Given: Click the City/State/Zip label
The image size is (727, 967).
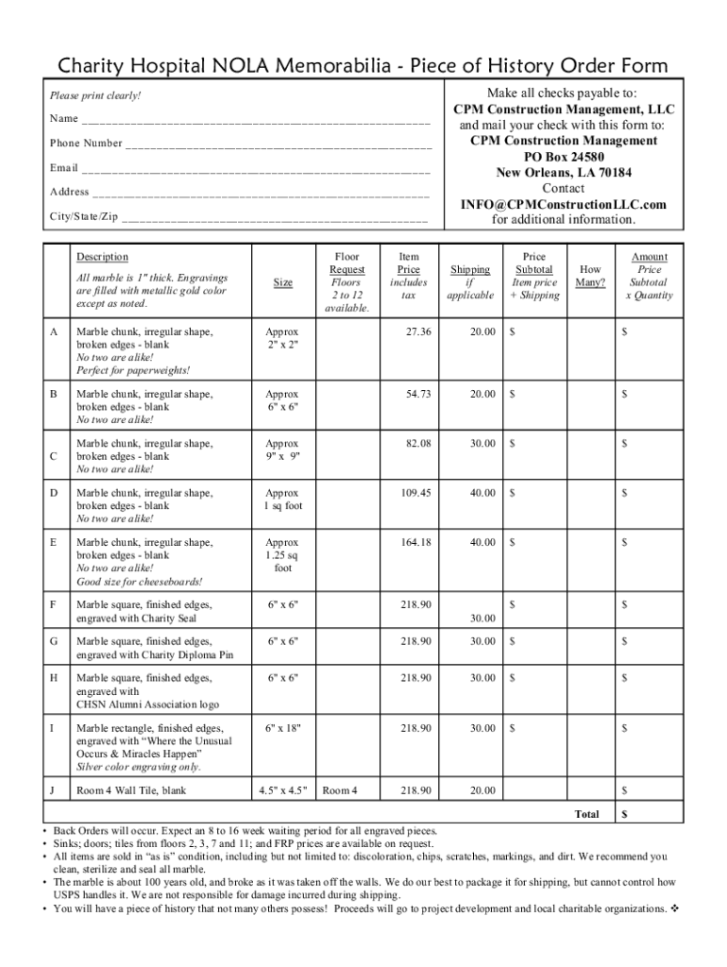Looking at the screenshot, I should point(84,216).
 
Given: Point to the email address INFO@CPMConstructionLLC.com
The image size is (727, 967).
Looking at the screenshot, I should point(564,204).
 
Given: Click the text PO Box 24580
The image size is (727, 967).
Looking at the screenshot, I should point(564,156).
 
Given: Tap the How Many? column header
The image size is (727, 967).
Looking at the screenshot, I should point(591,276).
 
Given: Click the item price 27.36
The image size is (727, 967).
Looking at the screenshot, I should point(417,331).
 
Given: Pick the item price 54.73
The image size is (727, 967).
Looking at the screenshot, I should point(417,394).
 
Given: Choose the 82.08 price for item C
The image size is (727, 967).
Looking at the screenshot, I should point(417,443).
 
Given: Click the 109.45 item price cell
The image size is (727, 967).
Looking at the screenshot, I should point(414,493).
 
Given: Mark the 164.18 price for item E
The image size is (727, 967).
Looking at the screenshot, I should point(414,542).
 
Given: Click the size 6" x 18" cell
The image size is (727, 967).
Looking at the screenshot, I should point(282,728).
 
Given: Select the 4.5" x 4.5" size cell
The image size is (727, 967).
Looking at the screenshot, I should point(282,790).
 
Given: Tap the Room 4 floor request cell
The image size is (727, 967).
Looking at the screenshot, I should point(340,790).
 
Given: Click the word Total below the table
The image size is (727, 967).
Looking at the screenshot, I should point(587,813).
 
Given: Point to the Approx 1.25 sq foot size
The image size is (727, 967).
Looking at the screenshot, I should point(282,555).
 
